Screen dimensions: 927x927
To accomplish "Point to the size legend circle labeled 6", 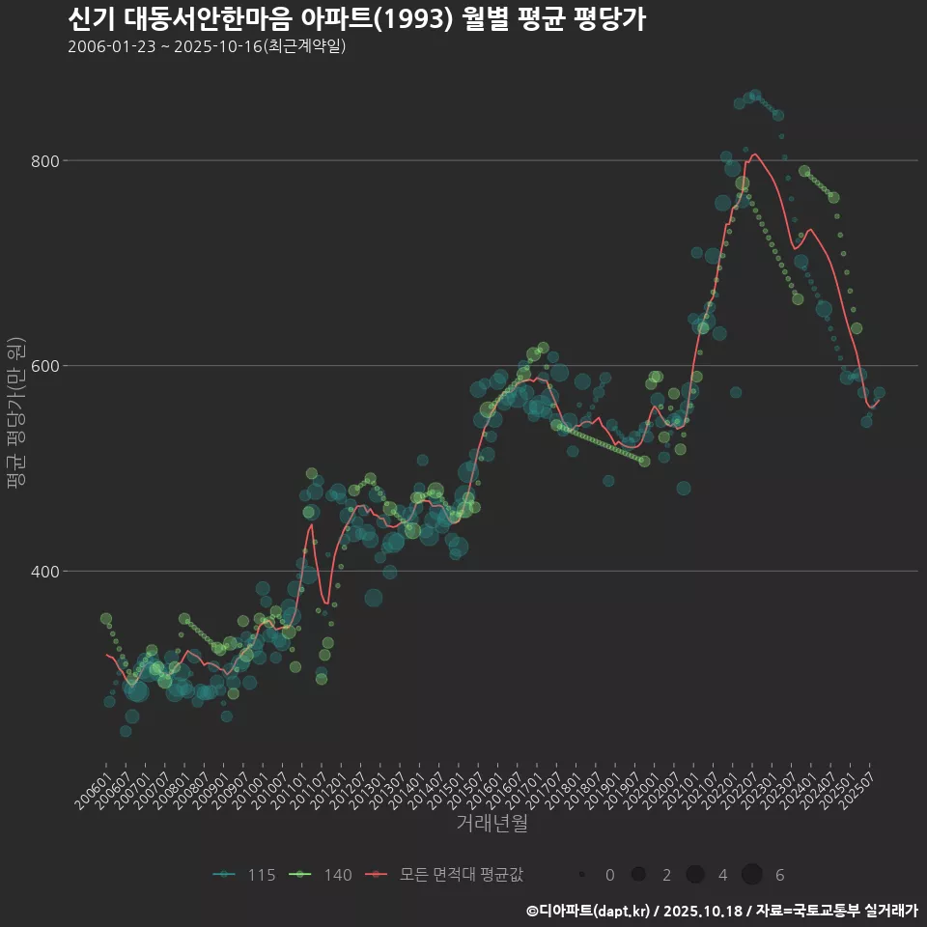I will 752,875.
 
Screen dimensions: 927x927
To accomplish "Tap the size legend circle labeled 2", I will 638,875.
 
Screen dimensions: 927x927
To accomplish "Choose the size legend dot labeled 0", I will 582,875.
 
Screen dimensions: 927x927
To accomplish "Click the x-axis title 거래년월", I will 492,824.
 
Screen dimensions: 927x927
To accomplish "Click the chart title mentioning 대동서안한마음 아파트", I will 356,19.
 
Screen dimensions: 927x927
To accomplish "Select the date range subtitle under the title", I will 207,46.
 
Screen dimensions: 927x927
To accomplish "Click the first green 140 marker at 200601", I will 106,619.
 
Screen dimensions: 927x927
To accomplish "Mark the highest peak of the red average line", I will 755,154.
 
